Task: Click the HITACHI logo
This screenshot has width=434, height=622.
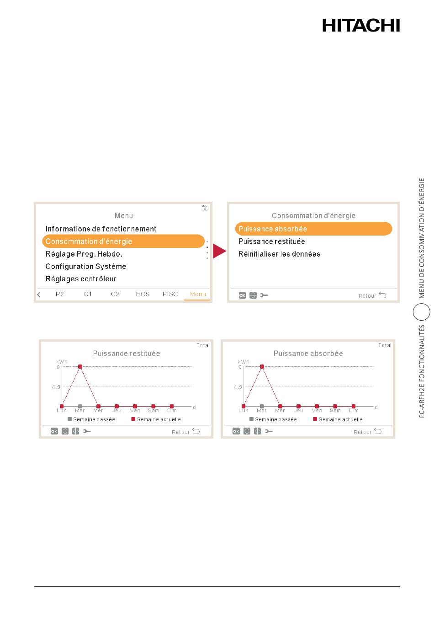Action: [x=361, y=25]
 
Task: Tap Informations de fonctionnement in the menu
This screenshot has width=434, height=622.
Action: [x=101, y=229]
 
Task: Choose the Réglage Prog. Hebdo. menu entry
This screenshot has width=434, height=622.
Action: [x=84, y=254]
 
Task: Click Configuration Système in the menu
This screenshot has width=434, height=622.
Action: [x=86, y=266]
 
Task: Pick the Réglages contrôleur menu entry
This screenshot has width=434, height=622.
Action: [x=81, y=279]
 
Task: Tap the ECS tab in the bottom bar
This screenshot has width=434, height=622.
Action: [x=143, y=294]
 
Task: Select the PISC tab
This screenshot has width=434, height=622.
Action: [x=170, y=294]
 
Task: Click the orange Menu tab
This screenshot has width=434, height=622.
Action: [x=198, y=294]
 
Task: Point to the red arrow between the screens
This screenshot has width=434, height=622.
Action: [x=219, y=251]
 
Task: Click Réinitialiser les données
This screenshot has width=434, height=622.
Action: [x=279, y=254]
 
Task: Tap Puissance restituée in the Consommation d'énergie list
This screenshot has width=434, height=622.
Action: [x=271, y=241]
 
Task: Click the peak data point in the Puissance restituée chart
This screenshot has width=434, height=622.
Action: [x=80, y=366]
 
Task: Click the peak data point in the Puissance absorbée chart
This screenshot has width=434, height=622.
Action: [x=262, y=366]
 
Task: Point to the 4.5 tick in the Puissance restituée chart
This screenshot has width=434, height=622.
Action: [x=56, y=387]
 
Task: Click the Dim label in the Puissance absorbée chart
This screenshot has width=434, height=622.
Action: [x=354, y=410]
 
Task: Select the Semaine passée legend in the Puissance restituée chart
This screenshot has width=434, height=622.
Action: [x=91, y=419]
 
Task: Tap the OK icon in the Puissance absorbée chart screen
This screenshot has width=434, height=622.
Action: [x=236, y=431]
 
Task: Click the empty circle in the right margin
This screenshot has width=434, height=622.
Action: [x=422, y=304]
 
